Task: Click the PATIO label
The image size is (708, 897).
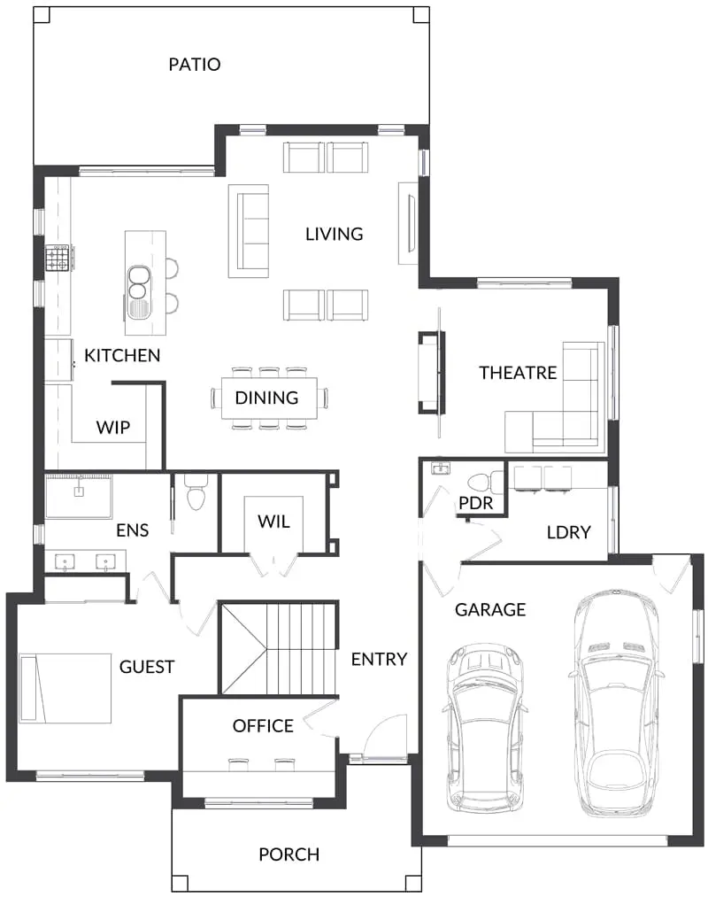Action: pyautogui.click(x=195, y=64)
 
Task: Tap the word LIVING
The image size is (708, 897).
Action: pyautogui.click(x=334, y=234)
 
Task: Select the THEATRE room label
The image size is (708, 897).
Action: pyautogui.click(x=518, y=373)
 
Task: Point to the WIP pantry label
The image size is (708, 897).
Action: pyautogui.click(x=112, y=428)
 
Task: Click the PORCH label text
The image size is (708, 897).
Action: pyautogui.click(x=289, y=854)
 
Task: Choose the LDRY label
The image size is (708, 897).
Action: pyautogui.click(x=568, y=532)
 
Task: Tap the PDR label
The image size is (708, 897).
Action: pyautogui.click(x=475, y=503)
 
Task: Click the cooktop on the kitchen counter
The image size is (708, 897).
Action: pyautogui.click(x=58, y=258)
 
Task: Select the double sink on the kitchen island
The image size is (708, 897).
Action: pyautogui.click(x=138, y=291)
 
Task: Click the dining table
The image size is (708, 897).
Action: pyautogui.click(x=269, y=398)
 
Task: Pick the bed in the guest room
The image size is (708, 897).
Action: pyautogui.click(x=65, y=688)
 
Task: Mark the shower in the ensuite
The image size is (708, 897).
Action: pyautogui.click(x=79, y=496)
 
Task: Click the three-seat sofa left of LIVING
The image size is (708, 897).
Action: pyautogui.click(x=249, y=231)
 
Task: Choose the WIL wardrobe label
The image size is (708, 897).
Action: pyautogui.click(x=273, y=522)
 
